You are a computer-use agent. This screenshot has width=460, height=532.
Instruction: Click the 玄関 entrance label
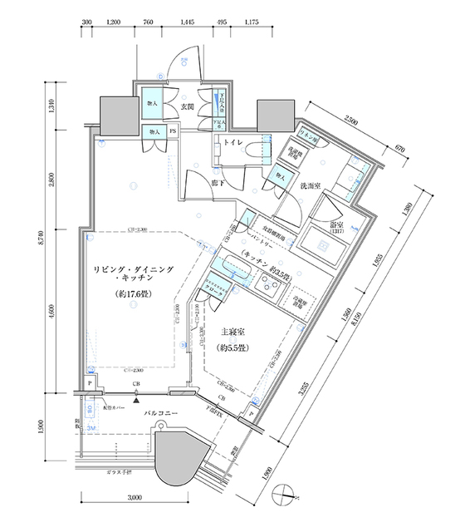point(188,106)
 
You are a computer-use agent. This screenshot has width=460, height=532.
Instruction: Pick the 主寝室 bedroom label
point(233,330)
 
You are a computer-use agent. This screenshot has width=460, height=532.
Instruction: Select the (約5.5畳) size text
point(233,347)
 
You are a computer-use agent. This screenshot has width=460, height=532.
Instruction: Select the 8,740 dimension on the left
point(51,241)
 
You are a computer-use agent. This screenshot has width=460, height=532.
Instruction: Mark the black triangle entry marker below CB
point(135,401)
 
